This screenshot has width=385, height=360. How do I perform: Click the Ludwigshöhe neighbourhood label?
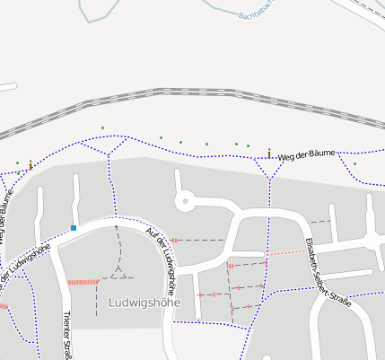point(144,303)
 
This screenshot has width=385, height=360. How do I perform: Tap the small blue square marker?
point(74,228)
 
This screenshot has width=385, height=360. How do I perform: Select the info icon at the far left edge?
point(31,164)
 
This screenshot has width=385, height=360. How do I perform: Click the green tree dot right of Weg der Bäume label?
point(354,163)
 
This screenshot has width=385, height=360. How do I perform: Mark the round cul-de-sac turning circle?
point(185,201)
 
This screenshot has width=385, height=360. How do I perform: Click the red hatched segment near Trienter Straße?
point(83,282)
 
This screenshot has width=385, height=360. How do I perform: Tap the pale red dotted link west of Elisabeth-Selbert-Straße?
point(285,253)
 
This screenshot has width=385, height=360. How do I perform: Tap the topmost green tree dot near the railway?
point(102,127)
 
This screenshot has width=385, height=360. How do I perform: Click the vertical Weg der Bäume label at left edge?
point(5,215)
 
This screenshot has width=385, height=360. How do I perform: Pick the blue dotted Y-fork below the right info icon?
point(270,172)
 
